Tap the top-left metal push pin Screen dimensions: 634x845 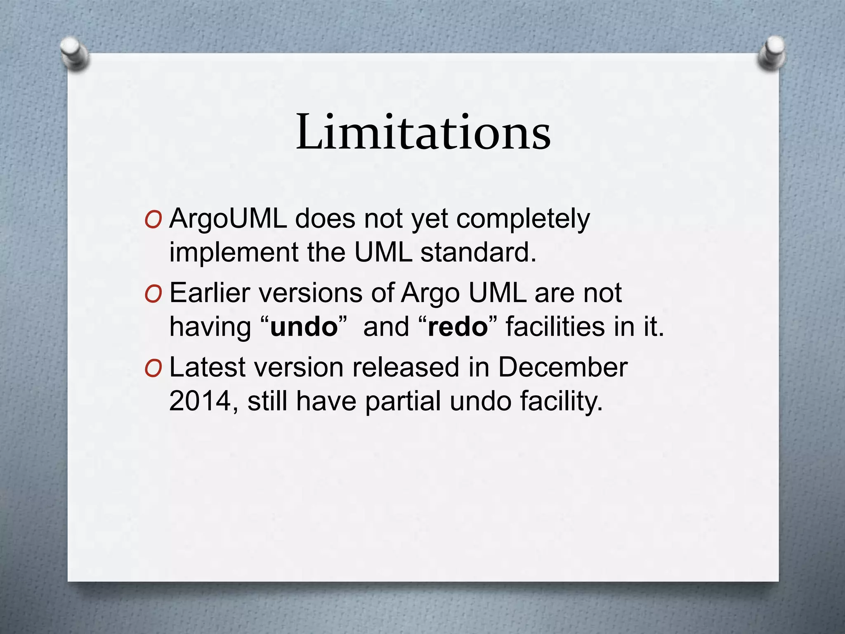[x=74, y=54]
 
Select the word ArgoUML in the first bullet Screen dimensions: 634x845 [x=228, y=218]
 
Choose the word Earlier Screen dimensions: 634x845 [x=210, y=293]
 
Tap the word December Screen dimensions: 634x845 [x=563, y=367]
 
